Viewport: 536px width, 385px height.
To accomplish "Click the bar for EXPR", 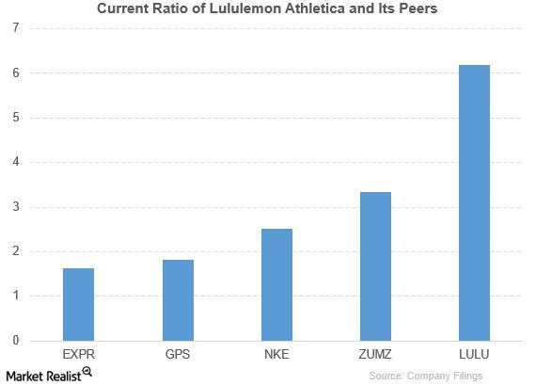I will click(78, 304).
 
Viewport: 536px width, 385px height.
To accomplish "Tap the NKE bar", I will click(276, 284).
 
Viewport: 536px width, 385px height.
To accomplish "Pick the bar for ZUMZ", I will click(375, 266).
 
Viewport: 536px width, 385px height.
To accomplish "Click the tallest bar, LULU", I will click(474, 202).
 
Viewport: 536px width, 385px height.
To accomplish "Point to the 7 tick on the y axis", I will click(16, 28).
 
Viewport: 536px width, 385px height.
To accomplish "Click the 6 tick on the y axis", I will click(16, 72).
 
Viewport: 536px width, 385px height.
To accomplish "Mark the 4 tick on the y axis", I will click(16, 162).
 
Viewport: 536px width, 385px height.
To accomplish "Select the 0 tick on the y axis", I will click(16, 341).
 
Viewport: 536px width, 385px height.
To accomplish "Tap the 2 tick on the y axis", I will click(16, 251).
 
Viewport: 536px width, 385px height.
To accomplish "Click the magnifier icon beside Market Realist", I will click(87, 372).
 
